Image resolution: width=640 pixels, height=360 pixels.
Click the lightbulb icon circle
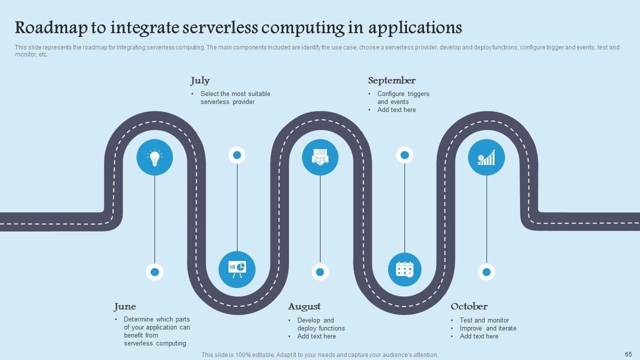[x=154, y=157]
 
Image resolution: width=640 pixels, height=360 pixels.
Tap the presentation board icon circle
[x=237, y=269]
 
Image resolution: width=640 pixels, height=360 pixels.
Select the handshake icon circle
[x=320, y=157]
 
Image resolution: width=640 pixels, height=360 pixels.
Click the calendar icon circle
[x=404, y=269]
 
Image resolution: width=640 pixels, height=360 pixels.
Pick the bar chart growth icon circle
[x=486, y=157]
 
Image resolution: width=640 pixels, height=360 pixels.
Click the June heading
[x=125, y=306]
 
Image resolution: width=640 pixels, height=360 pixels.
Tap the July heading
[x=200, y=80]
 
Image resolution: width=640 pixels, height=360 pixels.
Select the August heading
[x=304, y=306]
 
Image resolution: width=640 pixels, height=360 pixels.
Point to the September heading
[x=391, y=80]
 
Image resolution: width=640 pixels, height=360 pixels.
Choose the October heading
[x=469, y=306]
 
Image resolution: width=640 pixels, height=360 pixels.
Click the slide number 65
[x=628, y=354]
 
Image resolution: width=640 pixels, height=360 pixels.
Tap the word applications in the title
[x=415, y=27]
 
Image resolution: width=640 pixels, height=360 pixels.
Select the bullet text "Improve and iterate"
[x=488, y=328]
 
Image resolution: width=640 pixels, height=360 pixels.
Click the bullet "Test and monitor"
[x=484, y=320]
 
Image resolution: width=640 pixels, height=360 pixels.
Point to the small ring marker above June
[x=154, y=272]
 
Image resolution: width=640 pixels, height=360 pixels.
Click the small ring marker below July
[x=237, y=155]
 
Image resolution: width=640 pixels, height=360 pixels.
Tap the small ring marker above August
[x=320, y=272]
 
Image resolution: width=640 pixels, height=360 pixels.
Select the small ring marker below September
[x=404, y=155]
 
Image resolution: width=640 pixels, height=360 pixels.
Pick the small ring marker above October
[x=486, y=272]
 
